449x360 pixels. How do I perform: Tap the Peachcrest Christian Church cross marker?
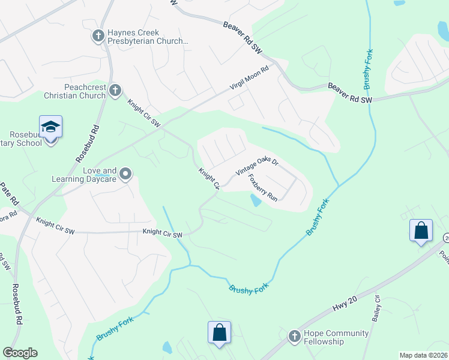pyautogui.click(x=115, y=90)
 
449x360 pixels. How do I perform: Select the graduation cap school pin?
pyautogui.click(x=51, y=127)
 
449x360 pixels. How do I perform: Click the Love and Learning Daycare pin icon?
pyautogui.click(x=125, y=174)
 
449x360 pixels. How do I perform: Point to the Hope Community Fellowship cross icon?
pyautogui.click(x=294, y=336)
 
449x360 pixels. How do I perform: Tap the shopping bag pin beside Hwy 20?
pyautogui.click(x=421, y=230)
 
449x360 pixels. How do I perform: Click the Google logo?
pyautogui.click(x=20, y=353)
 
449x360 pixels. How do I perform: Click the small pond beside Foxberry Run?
pyautogui.click(x=256, y=201)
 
